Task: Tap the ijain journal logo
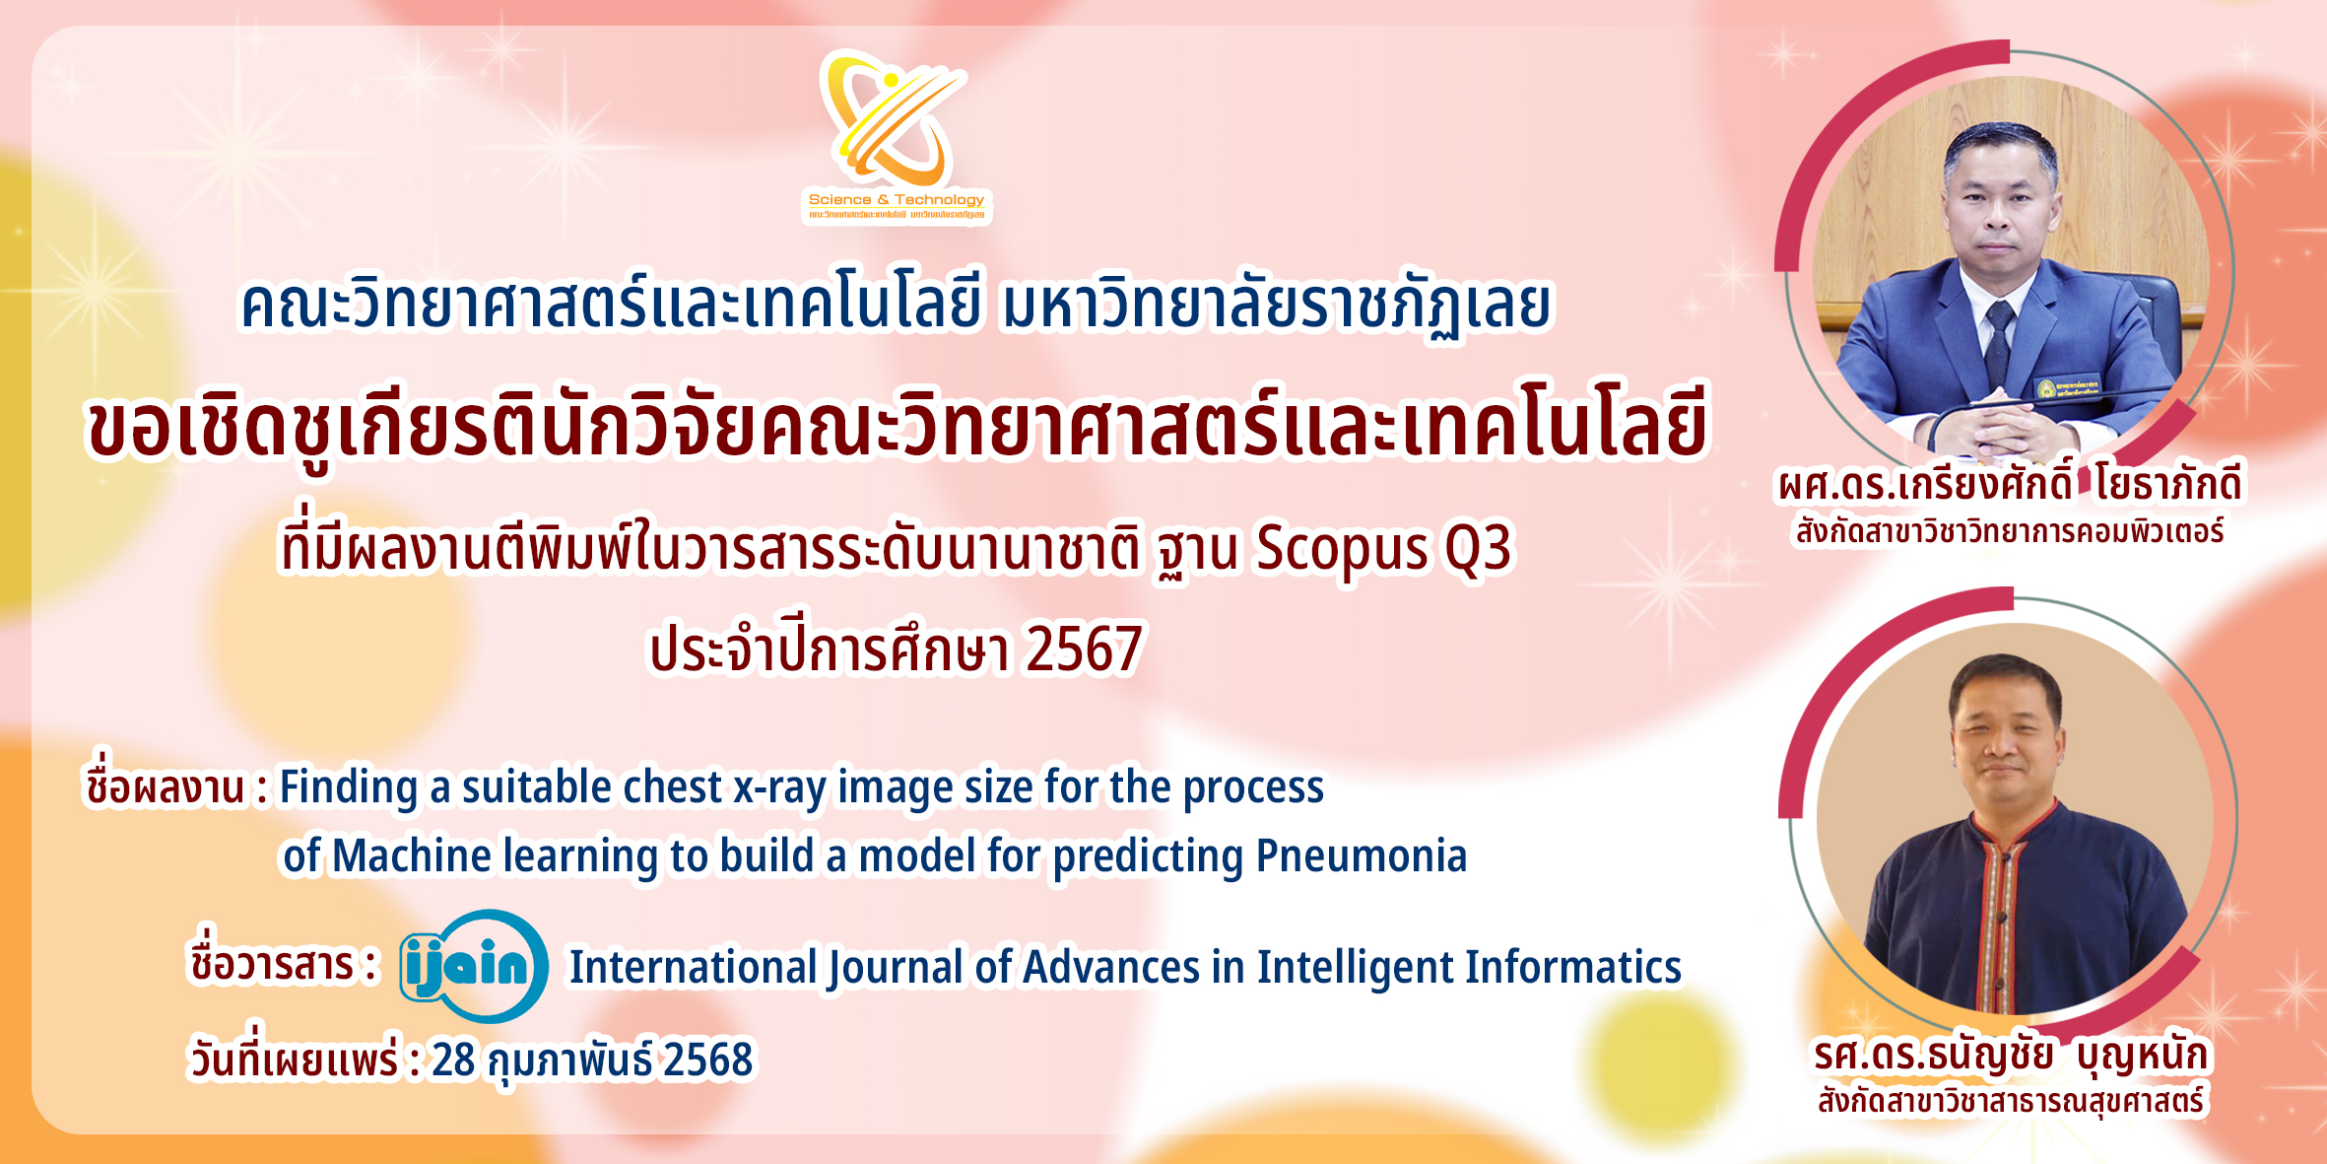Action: coord(474,966)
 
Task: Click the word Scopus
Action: coord(1342,550)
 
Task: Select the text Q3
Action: coord(1478,548)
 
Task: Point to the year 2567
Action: coord(1084,649)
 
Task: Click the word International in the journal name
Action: coord(694,967)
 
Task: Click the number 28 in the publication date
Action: coord(453,1060)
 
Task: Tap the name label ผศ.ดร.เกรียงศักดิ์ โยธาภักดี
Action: coord(2010,484)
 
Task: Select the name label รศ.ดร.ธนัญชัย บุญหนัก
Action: coord(2012,1055)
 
